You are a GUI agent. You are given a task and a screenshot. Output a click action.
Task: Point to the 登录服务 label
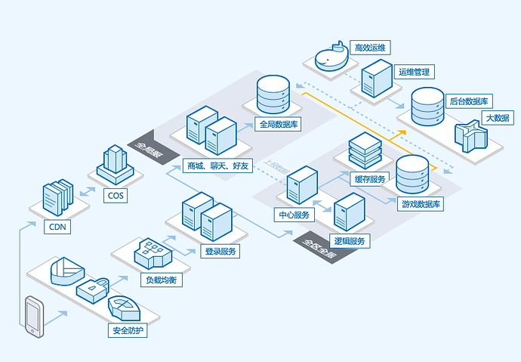click(x=220, y=251)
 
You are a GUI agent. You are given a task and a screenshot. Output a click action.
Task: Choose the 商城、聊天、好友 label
click(x=217, y=165)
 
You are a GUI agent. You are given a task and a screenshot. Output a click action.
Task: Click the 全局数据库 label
click(x=278, y=124)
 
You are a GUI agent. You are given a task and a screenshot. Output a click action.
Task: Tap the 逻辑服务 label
click(x=350, y=241)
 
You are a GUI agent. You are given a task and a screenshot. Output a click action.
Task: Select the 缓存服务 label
click(x=370, y=178)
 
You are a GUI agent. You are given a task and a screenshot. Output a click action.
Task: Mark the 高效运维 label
click(x=370, y=48)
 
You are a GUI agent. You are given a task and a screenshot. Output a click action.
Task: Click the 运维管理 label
click(x=413, y=73)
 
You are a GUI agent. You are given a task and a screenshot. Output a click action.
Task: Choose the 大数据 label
click(x=498, y=118)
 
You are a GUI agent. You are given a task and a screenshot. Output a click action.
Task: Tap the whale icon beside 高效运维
click(x=331, y=57)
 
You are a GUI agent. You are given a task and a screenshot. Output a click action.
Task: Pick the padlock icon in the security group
click(x=94, y=290)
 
